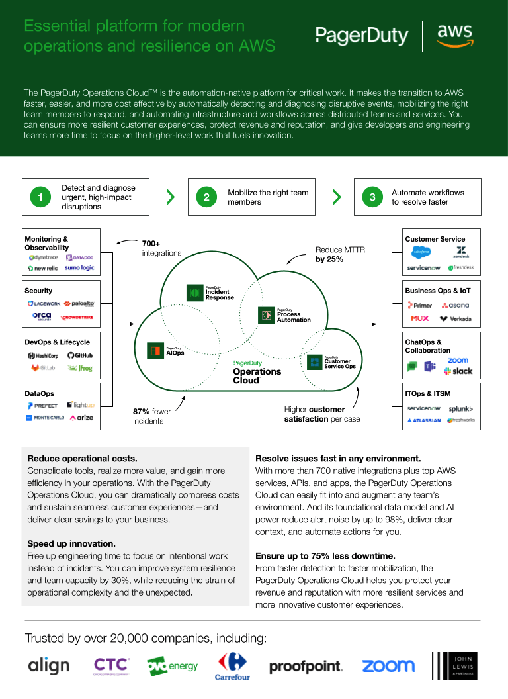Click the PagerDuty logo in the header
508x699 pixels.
[x=362, y=35]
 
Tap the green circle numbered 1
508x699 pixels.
[x=40, y=197]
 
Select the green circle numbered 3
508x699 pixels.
[x=372, y=197]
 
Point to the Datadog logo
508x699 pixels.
[x=80, y=257]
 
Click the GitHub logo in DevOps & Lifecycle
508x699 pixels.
[x=80, y=355]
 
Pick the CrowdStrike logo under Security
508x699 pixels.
[x=77, y=318]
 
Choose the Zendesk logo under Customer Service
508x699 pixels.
[x=460, y=252]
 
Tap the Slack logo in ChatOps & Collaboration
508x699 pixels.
[x=458, y=371]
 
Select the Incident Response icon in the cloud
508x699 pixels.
[x=195, y=293]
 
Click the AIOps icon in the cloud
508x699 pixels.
[x=156, y=350]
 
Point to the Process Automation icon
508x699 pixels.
[x=267, y=315]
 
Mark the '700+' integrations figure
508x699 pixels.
[x=151, y=244]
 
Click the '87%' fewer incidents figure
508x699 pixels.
[x=142, y=412]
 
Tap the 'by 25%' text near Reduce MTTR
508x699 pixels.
[x=329, y=259]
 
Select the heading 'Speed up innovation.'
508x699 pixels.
[x=71, y=543]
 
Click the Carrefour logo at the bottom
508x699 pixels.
[x=232, y=666]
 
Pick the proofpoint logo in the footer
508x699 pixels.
[x=306, y=666]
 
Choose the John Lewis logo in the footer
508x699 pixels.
[x=454, y=666]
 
